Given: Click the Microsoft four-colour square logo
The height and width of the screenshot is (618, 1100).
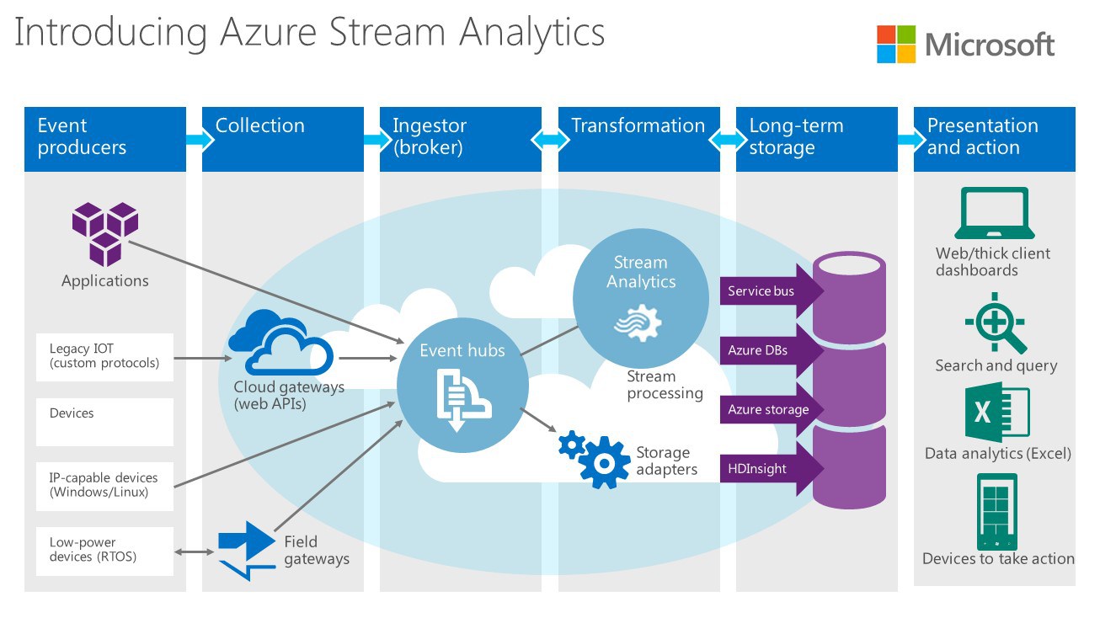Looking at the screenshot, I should [x=895, y=44].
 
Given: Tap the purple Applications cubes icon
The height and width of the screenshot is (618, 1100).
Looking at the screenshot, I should [x=104, y=233].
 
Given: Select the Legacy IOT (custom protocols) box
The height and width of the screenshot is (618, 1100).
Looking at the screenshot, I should [x=104, y=357].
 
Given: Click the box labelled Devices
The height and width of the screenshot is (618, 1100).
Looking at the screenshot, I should [x=104, y=422].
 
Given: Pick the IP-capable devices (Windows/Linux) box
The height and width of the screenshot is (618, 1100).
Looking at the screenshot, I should [x=104, y=486].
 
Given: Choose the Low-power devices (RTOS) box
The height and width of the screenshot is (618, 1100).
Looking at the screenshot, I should [x=104, y=551].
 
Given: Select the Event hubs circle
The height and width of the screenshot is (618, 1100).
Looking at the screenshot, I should [x=462, y=386].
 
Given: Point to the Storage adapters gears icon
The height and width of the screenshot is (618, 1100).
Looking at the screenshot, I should [x=596, y=458].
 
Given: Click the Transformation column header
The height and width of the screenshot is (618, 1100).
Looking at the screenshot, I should [x=638, y=138].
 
